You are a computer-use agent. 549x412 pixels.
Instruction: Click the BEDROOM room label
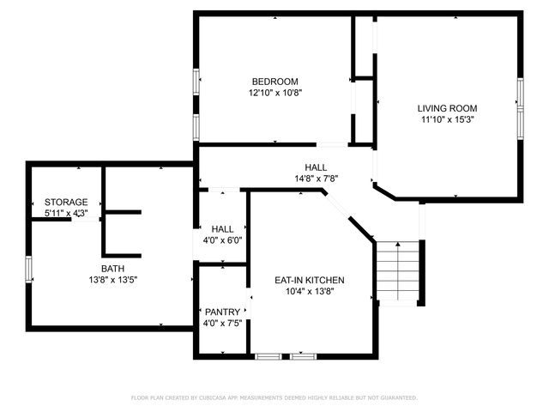(x=274, y=82)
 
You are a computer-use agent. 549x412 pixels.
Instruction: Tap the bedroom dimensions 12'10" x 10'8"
(x=274, y=93)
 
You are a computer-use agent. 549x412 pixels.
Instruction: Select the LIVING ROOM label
(x=447, y=108)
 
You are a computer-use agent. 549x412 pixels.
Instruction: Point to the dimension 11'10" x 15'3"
(x=447, y=119)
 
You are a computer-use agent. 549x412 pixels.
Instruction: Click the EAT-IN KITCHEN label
(x=309, y=281)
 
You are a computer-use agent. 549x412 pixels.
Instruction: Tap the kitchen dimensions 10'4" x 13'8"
(x=309, y=292)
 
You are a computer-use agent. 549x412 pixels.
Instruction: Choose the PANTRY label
(x=222, y=312)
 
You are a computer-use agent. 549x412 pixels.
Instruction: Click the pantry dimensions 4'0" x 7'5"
(x=222, y=323)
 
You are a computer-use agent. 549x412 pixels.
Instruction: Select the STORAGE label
(x=66, y=202)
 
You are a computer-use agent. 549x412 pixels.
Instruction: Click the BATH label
(x=112, y=268)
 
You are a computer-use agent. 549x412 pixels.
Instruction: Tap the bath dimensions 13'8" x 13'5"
(x=112, y=279)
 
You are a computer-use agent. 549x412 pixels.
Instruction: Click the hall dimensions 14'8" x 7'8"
(x=315, y=179)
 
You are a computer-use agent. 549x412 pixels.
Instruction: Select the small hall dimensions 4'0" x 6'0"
(x=222, y=240)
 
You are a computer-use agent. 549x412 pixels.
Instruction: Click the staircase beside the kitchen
(x=400, y=270)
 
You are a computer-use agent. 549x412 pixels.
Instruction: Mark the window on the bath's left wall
(x=29, y=268)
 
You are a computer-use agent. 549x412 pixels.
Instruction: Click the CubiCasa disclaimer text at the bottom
(x=274, y=397)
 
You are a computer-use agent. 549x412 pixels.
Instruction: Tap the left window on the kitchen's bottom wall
(x=268, y=354)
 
